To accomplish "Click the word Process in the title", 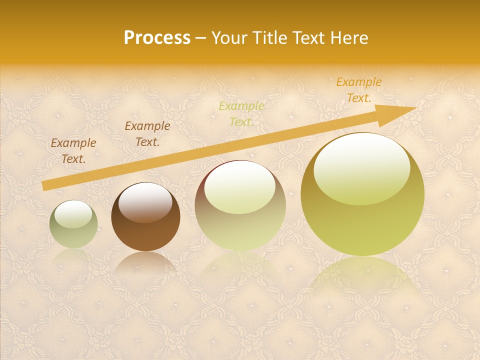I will [x=157, y=38].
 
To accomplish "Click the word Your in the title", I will [x=229, y=38].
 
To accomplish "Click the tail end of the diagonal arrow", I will [x=45, y=185].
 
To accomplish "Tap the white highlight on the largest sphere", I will [x=361, y=167].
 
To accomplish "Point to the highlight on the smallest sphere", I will [x=73, y=214].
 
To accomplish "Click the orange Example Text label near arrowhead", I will [x=359, y=90].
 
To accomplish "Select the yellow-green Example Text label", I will [x=241, y=114].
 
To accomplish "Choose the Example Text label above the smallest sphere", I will [x=73, y=151].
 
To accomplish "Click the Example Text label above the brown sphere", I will [x=147, y=134].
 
